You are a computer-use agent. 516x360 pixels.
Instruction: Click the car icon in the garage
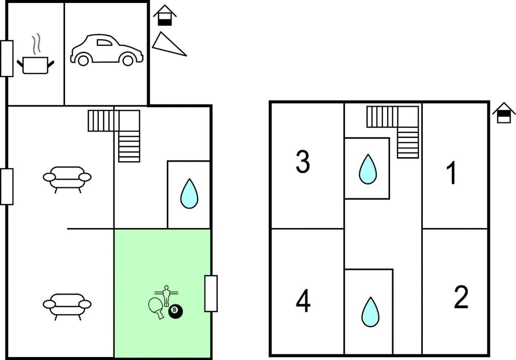(106, 50)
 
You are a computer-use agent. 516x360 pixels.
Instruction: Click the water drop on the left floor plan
(189, 194)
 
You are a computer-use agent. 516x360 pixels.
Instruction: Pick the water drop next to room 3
(367, 169)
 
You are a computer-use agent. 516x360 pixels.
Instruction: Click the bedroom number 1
(451, 173)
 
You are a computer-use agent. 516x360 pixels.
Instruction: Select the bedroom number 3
(302, 162)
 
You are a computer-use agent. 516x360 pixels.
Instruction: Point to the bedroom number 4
(303, 302)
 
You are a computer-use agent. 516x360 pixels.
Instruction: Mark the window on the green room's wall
(211, 294)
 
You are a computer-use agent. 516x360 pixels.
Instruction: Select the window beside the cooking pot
(7, 58)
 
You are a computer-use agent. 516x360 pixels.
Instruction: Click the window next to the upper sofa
(7, 186)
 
